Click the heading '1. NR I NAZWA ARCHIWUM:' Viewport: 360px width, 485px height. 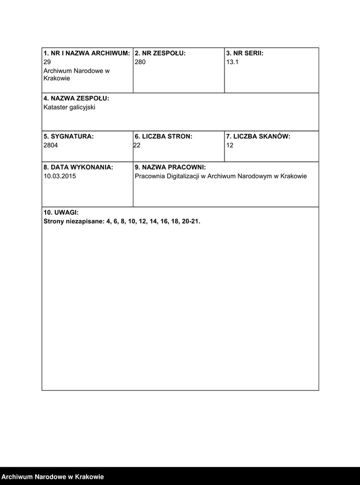pos(87,53)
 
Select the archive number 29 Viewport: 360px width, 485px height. pos(47,61)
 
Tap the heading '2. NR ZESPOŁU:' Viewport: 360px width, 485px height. pos(160,53)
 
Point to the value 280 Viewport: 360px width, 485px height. pos(140,61)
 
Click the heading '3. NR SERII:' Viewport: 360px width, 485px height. pos(245,53)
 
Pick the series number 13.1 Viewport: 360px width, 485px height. pos(232,61)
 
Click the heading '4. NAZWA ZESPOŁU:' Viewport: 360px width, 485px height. pos(76,99)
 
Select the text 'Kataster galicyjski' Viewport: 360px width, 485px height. pos(69,107)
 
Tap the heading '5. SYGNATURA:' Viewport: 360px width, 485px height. pos(68,137)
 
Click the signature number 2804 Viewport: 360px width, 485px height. pos(51,145)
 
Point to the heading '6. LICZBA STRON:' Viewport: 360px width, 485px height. pos(163,137)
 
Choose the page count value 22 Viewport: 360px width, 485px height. pos(137,145)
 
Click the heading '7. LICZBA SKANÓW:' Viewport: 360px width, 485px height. pos(258,137)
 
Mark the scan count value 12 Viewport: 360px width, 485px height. pos(230,145)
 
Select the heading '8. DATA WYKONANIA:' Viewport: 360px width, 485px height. pos(78,167)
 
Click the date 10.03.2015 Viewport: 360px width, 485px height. pos(59,176)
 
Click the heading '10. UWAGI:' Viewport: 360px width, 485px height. pos(61,212)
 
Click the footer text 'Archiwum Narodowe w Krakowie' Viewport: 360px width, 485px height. pos(52,477)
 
